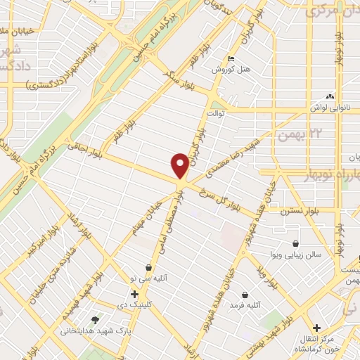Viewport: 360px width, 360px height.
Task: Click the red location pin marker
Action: [x=180, y=166]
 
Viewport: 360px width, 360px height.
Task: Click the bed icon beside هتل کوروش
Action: [x=231, y=58]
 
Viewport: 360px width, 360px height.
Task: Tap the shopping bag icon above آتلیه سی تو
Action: [x=149, y=267]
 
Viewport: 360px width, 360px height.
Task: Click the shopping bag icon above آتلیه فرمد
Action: [x=244, y=294]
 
